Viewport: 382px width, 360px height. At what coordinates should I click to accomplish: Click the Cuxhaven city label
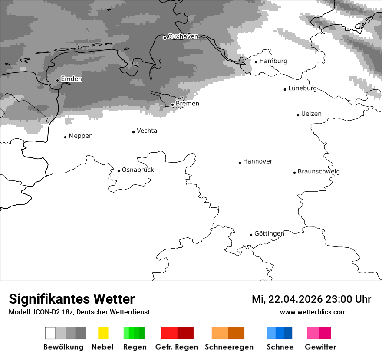pyautogui.click(x=183, y=37)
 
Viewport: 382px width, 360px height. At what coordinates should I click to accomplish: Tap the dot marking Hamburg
pyautogui.click(x=256, y=62)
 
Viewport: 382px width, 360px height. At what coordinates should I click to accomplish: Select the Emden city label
pyautogui.click(x=71, y=79)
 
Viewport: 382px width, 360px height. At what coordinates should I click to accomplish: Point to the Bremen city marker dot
pyautogui.click(x=172, y=105)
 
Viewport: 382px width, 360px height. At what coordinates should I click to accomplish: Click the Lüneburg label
pyautogui.click(x=303, y=88)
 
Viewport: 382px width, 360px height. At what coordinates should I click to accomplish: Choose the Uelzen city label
pyautogui.click(x=311, y=114)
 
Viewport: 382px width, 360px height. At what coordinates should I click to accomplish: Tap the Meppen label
pyautogui.click(x=81, y=136)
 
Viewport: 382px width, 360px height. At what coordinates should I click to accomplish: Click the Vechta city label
pyautogui.click(x=147, y=131)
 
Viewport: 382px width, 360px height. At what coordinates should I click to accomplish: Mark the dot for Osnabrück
pyautogui.click(x=119, y=171)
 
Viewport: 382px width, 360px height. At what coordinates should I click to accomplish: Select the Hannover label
pyautogui.click(x=257, y=162)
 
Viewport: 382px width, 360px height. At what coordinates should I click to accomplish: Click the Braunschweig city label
pyautogui.click(x=319, y=172)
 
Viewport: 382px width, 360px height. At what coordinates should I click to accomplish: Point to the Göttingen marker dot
pyautogui.click(x=251, y=235)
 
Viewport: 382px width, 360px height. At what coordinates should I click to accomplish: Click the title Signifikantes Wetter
pyautogui.click(x=72, y=299)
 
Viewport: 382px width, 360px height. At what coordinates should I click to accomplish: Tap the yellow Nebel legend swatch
pyautogui.click(x=103, y=333)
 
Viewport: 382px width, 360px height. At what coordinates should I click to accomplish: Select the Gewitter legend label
pyautogui.click(x=320, y=347)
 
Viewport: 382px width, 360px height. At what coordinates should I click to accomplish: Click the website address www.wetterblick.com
pyautogui.click(x=313, y=312)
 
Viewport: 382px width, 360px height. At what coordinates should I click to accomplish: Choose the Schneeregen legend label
pyautogui.click(x=229, y=347)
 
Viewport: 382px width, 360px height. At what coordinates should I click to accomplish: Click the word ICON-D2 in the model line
pyautogui.click(x=46, y=312)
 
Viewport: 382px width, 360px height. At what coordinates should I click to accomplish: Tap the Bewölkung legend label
pyautogui.click(x=63, y=347)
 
